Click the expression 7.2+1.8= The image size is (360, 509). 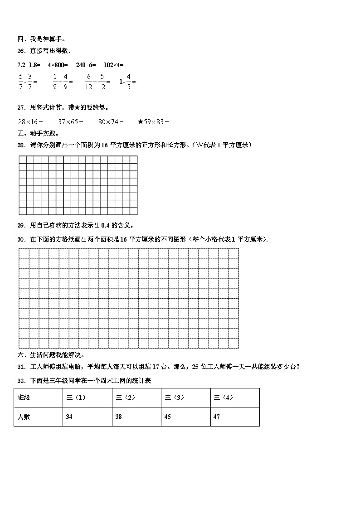pos(29,65)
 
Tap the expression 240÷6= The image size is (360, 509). pos(86,65)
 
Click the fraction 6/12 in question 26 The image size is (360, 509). pos(88,82)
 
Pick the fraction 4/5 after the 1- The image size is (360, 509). pos(128,82)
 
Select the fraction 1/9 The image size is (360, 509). pos(55,82)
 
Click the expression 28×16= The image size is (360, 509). pos(30,122)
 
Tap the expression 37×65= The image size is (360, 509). pos(71,122)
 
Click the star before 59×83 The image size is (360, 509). pos(141,121)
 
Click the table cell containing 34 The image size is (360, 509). pos(87,417)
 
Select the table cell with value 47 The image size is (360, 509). pos(235,417)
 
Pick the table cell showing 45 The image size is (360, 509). pos(185,417)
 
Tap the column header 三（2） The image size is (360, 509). pos(136,398)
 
